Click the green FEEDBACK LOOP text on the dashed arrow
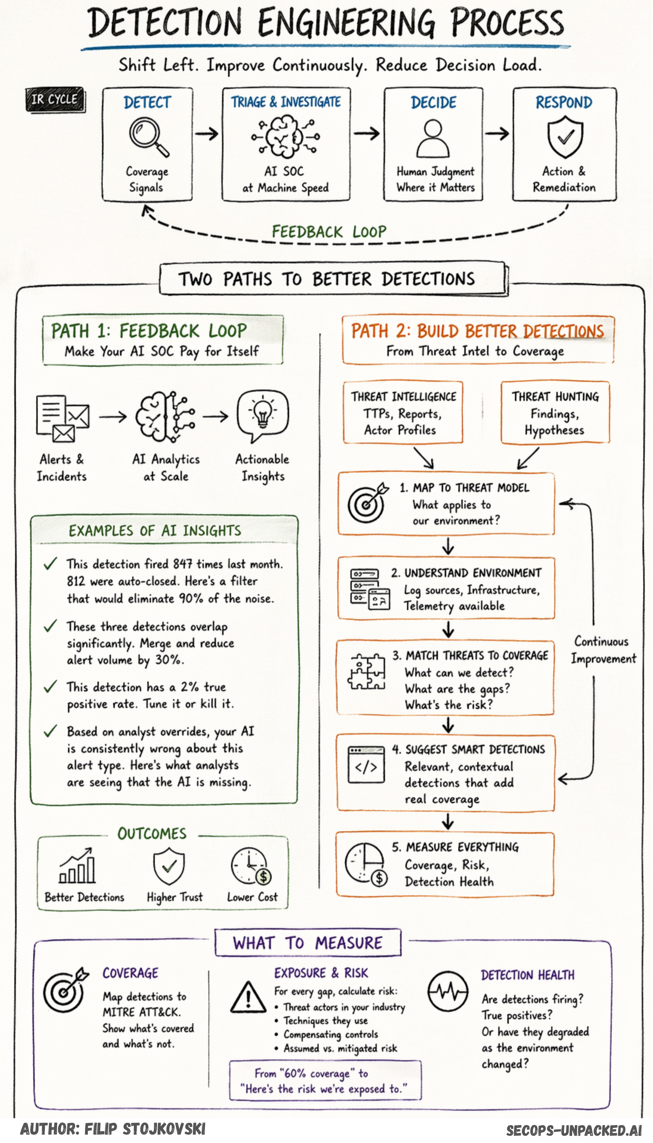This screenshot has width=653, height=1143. pyautogui.click(x=329, y=232)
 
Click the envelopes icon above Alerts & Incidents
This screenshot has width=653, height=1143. pyautogui.click(x=63, y=417)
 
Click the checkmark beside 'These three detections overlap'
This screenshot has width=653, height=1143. pyautogui.click(x=50, y=626)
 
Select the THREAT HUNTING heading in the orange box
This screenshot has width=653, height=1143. pyautogui.click(x=555, y=397)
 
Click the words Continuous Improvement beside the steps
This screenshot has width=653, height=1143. pyautogui.click(x=603, y=650)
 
